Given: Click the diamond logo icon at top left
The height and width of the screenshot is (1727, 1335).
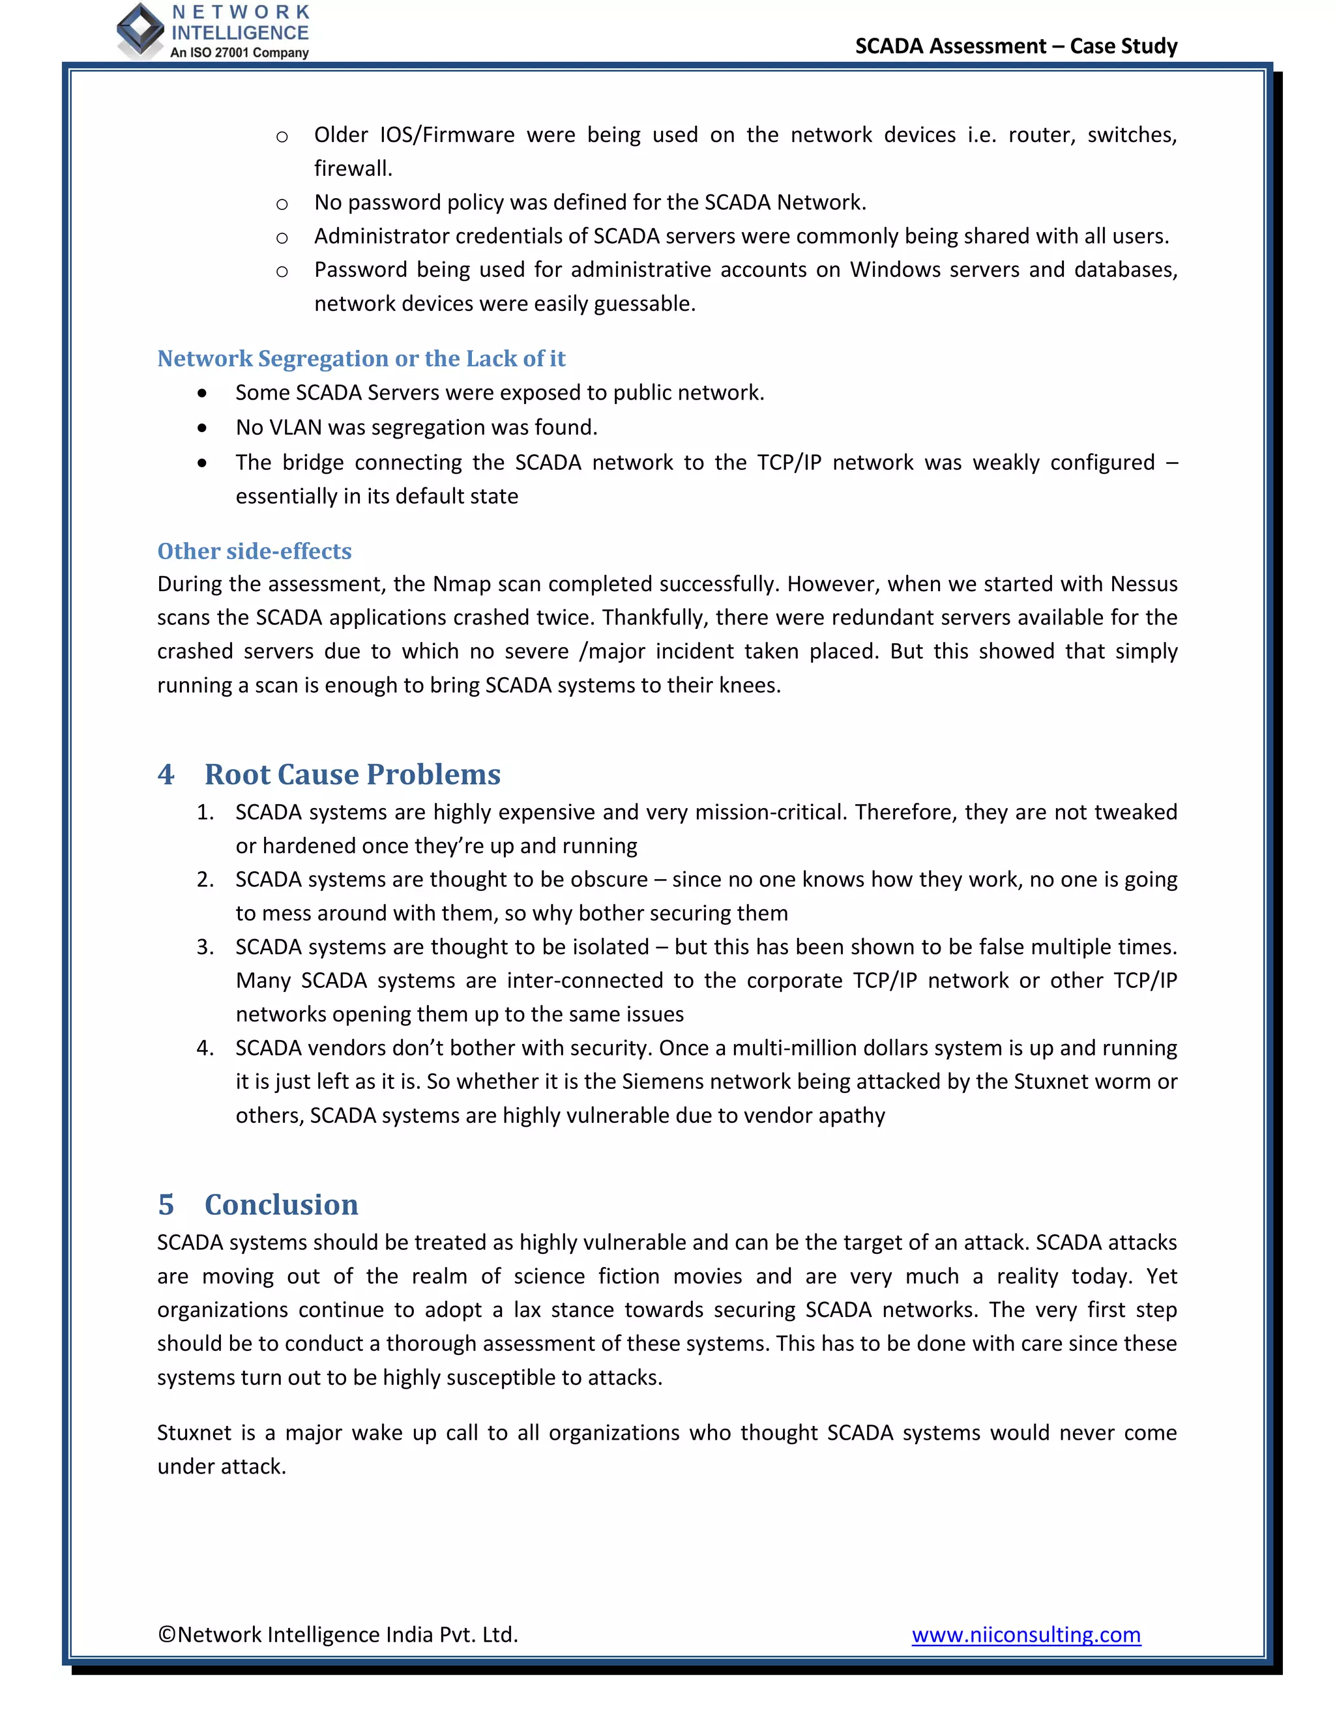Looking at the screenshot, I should coord(140,30).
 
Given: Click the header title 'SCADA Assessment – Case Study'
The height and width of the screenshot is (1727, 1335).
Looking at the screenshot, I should coord(1016,46).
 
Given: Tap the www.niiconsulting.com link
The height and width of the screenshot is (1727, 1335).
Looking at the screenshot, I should coord(1026,1634).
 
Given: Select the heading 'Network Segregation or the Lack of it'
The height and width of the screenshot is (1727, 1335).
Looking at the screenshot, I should coord(361,358).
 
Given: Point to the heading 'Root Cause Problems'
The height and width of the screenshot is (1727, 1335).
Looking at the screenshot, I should coord(352,774).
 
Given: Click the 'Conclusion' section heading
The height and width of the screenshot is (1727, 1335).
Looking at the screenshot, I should coord(281,1204).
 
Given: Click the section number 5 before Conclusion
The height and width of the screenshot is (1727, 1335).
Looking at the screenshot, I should coord(166,1204).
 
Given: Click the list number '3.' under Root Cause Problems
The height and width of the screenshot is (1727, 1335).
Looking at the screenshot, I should coord(205,946).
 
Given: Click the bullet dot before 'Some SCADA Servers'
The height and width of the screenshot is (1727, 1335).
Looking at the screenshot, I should coord(203,393).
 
